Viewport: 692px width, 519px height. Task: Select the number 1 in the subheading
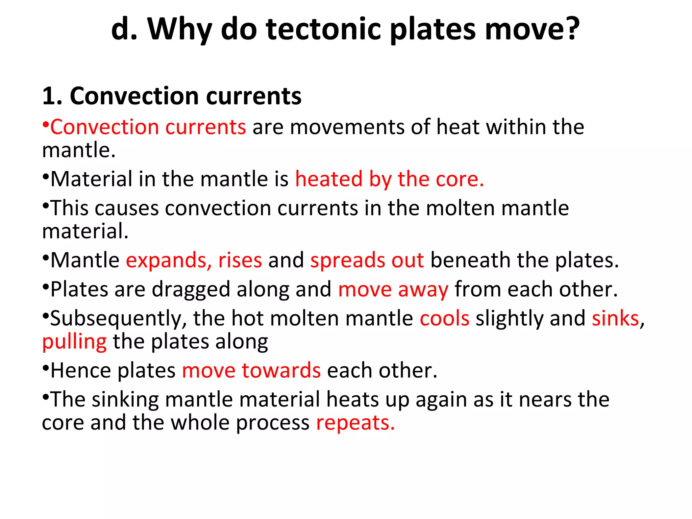(49, 96)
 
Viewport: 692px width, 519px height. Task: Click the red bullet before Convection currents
(46, 124)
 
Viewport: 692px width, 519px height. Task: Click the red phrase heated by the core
(389, 179)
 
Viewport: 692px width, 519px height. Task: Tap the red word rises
(240, 261)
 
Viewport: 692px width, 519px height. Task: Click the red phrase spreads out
(367, 261)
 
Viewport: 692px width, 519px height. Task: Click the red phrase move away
(393, 290)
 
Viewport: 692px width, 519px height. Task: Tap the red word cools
(444, 319)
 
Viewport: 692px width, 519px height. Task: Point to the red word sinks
(615, 319)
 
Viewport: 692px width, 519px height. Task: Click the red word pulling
(74, 342)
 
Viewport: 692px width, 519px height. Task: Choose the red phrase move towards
(251, 371)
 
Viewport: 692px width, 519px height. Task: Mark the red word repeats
(355, 423)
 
